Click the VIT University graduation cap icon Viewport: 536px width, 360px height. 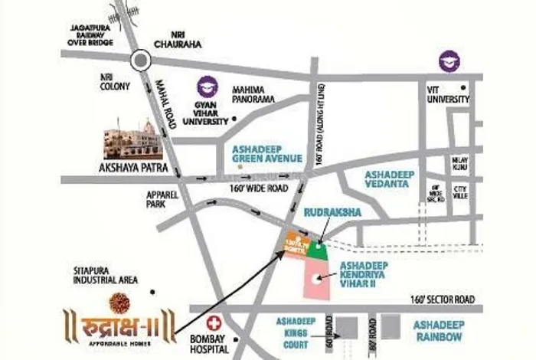click(448, 61)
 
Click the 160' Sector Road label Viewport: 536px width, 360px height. click(443, 299)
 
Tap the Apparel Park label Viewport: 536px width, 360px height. click(163, 200)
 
